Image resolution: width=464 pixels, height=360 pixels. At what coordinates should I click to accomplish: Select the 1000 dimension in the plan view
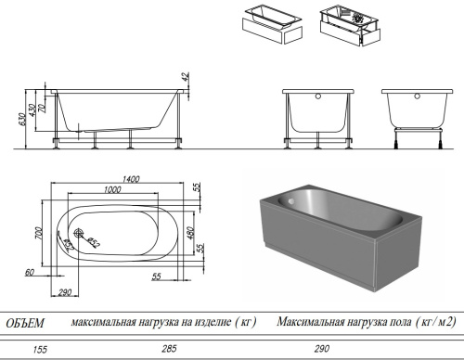tap(112, 189)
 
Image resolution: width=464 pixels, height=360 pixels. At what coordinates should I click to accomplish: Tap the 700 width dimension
tap(40, 232)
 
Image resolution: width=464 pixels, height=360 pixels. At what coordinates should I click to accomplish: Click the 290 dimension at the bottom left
tap(66, 292)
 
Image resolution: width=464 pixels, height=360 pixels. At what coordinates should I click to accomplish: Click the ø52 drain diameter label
tap(94, 243)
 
